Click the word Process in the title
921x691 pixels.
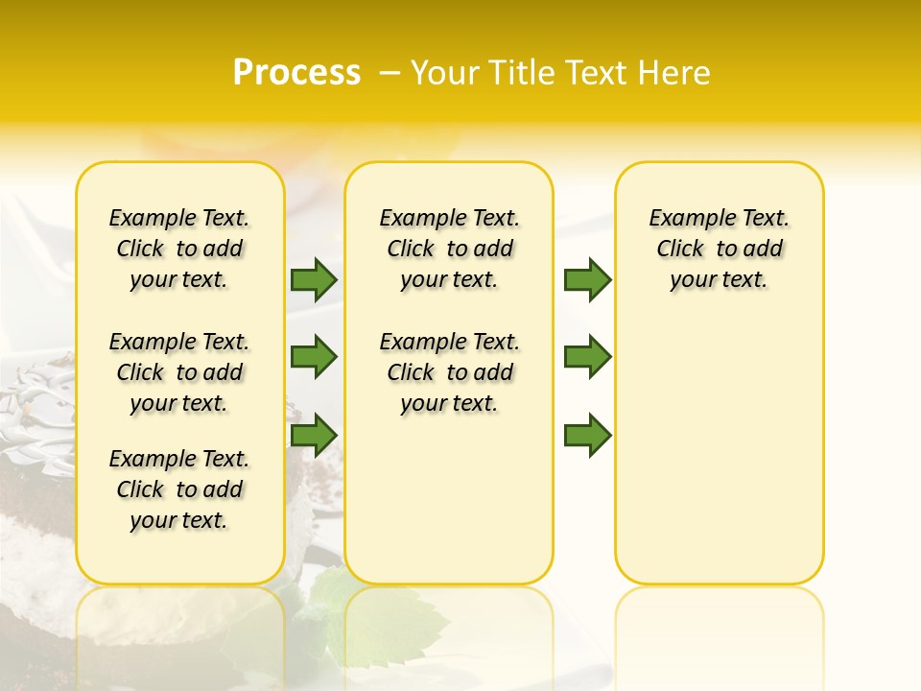coord(296,73)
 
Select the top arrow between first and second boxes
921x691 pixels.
coord(314,279)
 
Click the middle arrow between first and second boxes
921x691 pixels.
coord(314,357)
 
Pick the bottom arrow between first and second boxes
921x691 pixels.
coord(314,435)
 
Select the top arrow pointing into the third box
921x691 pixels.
coord(587,279)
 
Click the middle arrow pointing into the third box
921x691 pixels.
coord(587,357)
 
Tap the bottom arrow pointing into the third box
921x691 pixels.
coord(587,435)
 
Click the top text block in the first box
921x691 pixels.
coord(179,249)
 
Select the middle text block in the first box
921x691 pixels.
coord(179,372)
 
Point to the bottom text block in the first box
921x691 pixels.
coord(179,489)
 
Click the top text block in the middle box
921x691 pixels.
coord(450,249)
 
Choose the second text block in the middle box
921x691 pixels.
coord(450,372)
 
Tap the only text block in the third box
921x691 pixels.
coord(720,249)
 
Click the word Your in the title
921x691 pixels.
coord(442,73)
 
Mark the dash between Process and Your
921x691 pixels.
coord(390,73)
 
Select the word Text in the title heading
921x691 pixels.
coord(597,73)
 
